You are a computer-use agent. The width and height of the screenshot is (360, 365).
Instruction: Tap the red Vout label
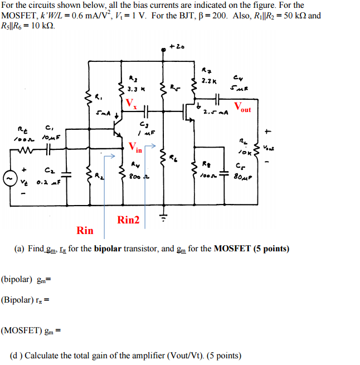click(x=242, y=107)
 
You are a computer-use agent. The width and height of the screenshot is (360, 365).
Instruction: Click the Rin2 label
click(x=129, y=220)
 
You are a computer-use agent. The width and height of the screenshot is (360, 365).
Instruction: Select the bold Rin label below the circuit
click(x=85, y=230)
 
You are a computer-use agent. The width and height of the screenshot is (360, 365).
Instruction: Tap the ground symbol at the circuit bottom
click(x=162, y=217)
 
